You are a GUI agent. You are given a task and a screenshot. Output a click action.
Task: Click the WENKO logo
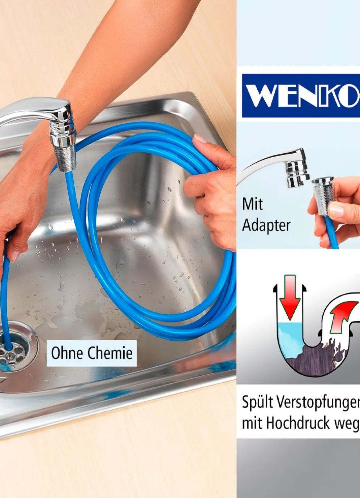click(x=301, y=95)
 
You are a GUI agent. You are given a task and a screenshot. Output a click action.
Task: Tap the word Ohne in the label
click(x=67, y=353)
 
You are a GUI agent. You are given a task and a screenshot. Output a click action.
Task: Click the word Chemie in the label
click(x=110, y=353)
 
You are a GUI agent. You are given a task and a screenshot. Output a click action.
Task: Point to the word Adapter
click(x=266, y=226)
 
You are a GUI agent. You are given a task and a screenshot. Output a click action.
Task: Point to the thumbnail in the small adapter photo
click(x=337, y=210)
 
